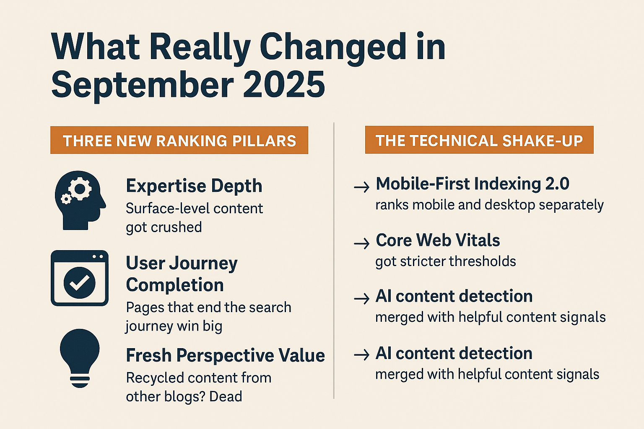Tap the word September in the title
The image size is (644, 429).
tap(142, 86)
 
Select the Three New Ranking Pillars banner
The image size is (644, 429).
tap(179, 140)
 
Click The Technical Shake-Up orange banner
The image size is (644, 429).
tap(479, 140)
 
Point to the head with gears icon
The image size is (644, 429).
tap(80, 200)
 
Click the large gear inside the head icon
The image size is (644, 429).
tap(80, 189)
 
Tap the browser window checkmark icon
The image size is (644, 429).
tap(80, 278)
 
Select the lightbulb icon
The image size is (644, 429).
tap(80, 358)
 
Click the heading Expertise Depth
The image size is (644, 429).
tap(194, 186)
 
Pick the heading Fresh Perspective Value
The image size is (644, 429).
tap(226, 355)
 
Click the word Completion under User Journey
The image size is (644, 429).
tap(175, 285)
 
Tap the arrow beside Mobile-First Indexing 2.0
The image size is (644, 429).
tap(362, 187)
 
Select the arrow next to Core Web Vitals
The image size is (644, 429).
tap(362, 244)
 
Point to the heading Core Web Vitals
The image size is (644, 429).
tap(438, 240)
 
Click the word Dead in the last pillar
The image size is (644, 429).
tap(226, 396)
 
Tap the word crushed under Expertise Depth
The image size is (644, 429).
tap(176, 227)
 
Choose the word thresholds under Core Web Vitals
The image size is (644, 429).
tap(483, 261)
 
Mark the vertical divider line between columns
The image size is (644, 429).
tap(334, 261)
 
